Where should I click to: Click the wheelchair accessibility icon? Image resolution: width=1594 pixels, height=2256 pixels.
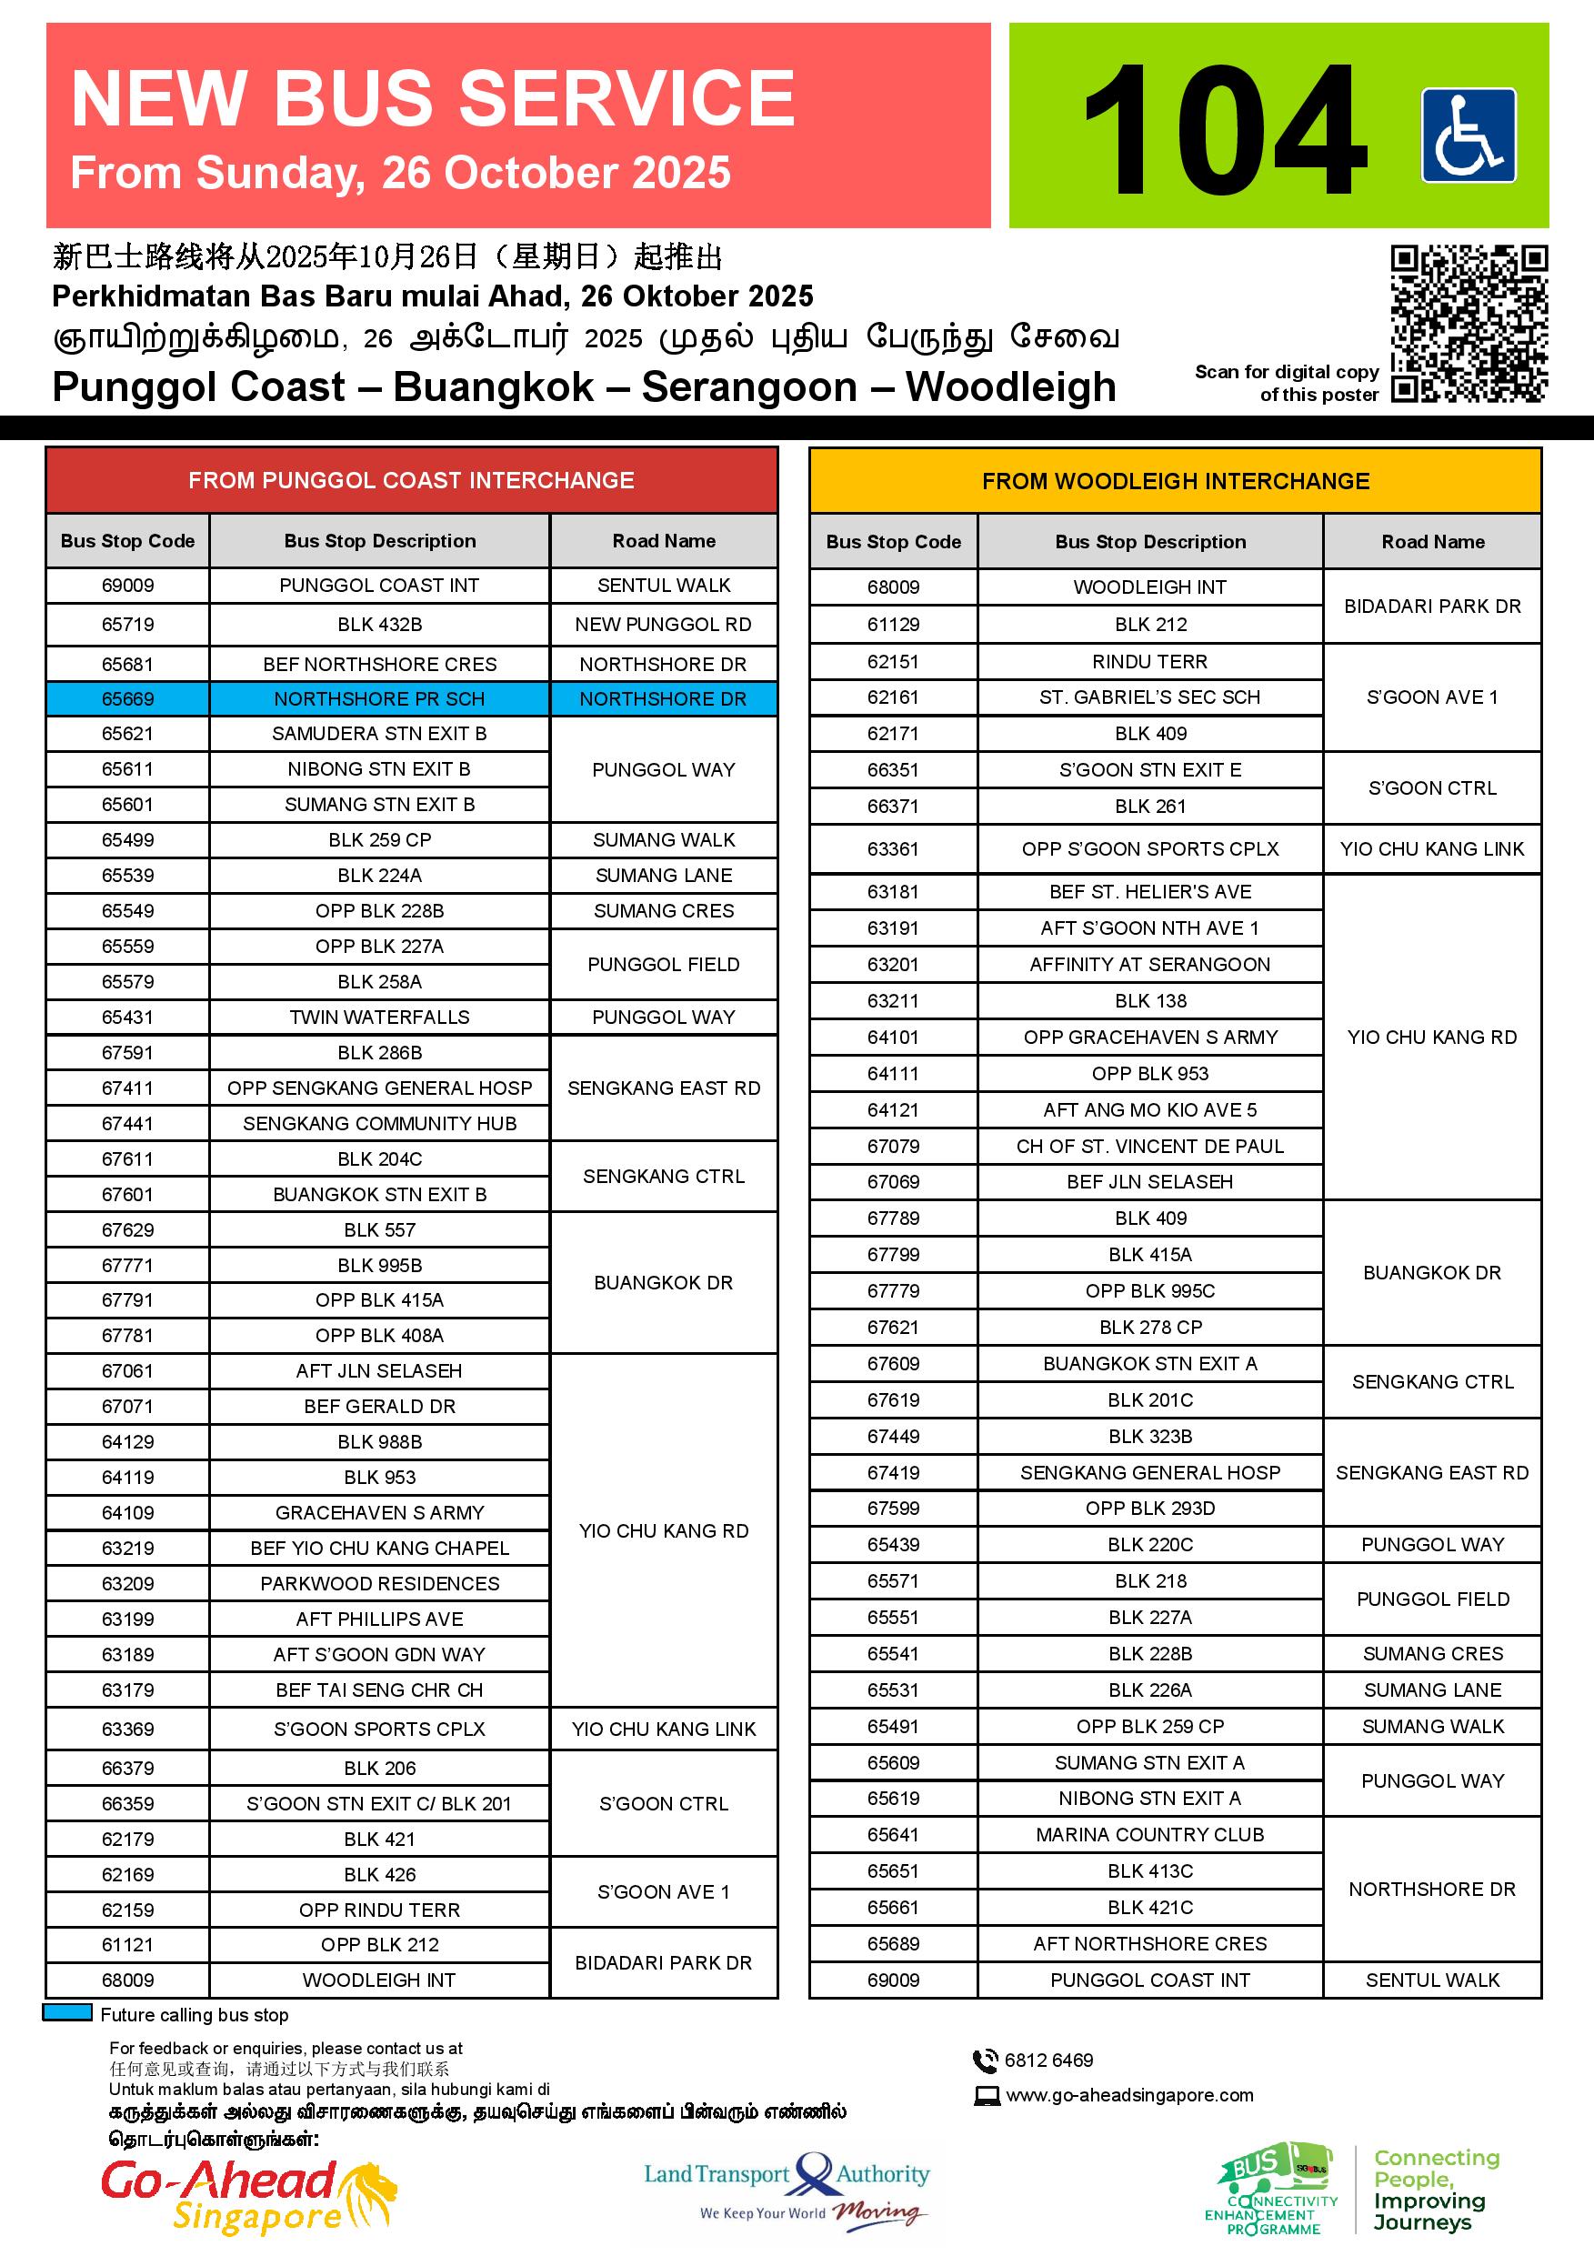pos(1469,135)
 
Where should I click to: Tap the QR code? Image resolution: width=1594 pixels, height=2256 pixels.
pos(1469,325)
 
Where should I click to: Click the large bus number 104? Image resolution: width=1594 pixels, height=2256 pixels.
pos(1225,130)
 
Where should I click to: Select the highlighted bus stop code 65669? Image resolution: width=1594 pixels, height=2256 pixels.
pos(127,698)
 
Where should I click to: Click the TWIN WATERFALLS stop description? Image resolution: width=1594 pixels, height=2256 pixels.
pos(379,1017)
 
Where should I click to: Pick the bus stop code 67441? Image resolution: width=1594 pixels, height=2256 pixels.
pos(127,1123)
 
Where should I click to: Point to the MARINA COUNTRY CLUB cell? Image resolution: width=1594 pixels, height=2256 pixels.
pos(1149,1834)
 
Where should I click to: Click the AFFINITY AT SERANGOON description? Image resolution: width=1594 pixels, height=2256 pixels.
pos(1149,964)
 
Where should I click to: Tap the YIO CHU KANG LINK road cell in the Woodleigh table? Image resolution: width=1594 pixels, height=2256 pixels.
pos(1432,849)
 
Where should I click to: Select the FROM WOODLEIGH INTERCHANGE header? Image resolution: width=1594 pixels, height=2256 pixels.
pos(1176,480)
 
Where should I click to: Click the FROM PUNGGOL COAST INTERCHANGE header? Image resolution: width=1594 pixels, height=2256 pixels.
pos(411,480)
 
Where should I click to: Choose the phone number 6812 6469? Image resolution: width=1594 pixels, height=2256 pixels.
pos(1048,2060)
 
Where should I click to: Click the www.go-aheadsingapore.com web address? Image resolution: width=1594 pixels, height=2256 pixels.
pos(1129,2095)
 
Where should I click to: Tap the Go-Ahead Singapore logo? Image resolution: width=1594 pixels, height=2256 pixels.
pos(248,2194)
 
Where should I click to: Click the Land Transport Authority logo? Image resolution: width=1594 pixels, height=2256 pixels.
pos(787,2185)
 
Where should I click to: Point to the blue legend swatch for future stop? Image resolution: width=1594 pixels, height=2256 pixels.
pos(68,2012)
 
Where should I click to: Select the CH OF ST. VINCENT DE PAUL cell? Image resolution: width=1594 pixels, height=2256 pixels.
pos(1149,1146)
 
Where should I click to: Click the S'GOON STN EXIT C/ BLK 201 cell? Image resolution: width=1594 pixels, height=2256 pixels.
pos(379,1803)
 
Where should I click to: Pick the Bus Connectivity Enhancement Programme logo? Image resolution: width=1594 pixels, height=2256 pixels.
pos(1272,2187)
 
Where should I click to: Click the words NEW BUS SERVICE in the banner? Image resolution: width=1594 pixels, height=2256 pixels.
pos(433,98)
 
